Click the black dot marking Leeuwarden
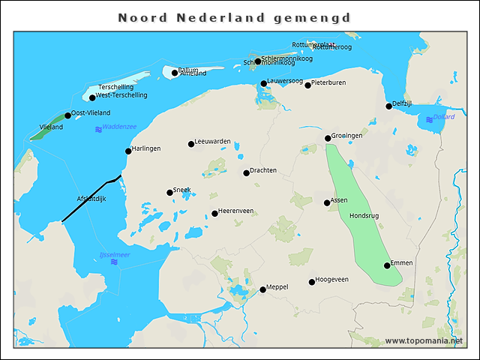coord(190,144)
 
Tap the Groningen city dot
coord(327,138)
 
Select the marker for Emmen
coord(387,265)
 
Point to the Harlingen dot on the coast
coord(128,151)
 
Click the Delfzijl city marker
coord(388,106)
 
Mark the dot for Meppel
coord(262,289)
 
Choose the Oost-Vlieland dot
coord(67,115)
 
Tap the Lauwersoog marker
coord(263,83)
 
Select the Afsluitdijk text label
coord(92,199)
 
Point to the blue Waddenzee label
coord(118,127)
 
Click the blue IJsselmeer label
coord(114,255)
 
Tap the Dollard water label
coord(444,117)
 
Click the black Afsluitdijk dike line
coord(90,199)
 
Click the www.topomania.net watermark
coord(424,340)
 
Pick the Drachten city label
coord(263,171)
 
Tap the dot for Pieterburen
coord(307,85)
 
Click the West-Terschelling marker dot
coord(92,97)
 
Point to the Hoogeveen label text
coord(332,280)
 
